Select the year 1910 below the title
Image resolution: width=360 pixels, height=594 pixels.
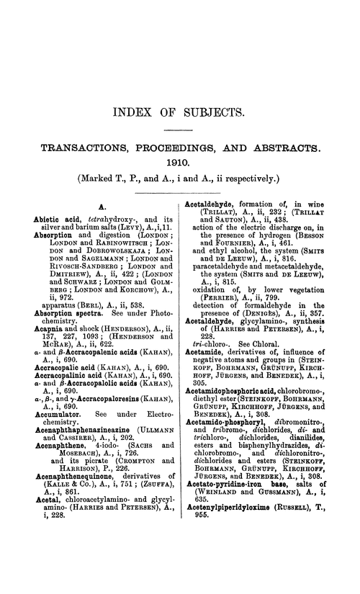(180, 163)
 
